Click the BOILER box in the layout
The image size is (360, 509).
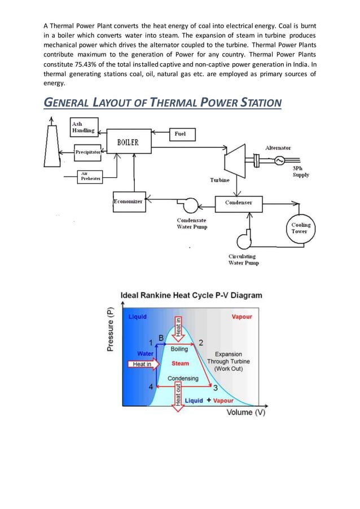tap(128, 143)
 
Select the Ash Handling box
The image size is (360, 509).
tap(83, 128)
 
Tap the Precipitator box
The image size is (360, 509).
tap(87, 152)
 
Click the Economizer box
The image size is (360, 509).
tap(128, 201)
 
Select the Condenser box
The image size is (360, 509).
tap(239, 202)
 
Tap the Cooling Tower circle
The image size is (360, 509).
tap(300, 228)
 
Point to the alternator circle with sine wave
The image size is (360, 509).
tap(279, 161)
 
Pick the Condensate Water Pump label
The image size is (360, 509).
tap(192, 223)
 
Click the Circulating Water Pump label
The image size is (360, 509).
tap(242, 260)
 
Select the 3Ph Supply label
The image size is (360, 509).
tap(300, 172)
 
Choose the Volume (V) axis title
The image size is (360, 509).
tap(246, 413)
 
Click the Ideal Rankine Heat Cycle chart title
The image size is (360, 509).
tap(191, 295)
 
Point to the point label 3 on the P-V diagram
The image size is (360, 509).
tap(215, 388)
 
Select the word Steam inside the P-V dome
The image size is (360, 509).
tap(180, 363)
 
